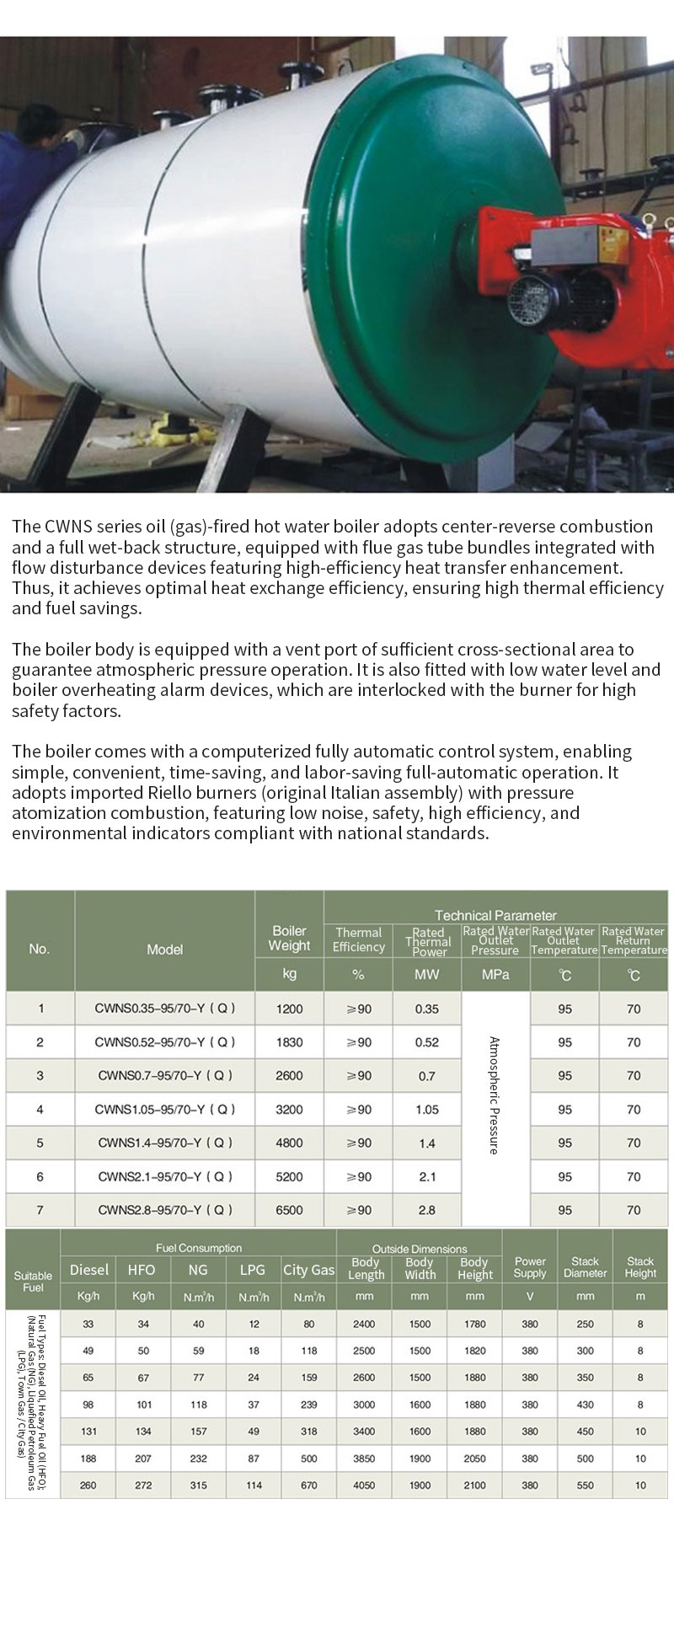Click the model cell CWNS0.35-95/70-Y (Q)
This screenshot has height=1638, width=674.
[x=164, y=1009]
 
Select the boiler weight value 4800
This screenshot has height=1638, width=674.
[x=289, y=1143]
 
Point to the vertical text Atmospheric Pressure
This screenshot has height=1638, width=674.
[x=495, y=1095]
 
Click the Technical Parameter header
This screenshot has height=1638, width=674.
[x=495, y=915]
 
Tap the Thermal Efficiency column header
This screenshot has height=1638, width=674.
[x=358, y=939]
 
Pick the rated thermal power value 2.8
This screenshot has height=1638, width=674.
[x=427, y=1210]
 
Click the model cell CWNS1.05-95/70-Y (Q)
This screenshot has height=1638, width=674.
[x=164, y=1110]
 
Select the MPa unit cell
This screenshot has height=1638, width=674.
[x=495, y=975]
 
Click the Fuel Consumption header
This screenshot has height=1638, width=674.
[x=199, y=1248]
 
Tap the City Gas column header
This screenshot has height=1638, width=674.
[x=308, y=1270]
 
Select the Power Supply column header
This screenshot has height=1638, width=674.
[x=530, y=1267]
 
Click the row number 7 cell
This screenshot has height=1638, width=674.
[x=40, y=1210]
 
